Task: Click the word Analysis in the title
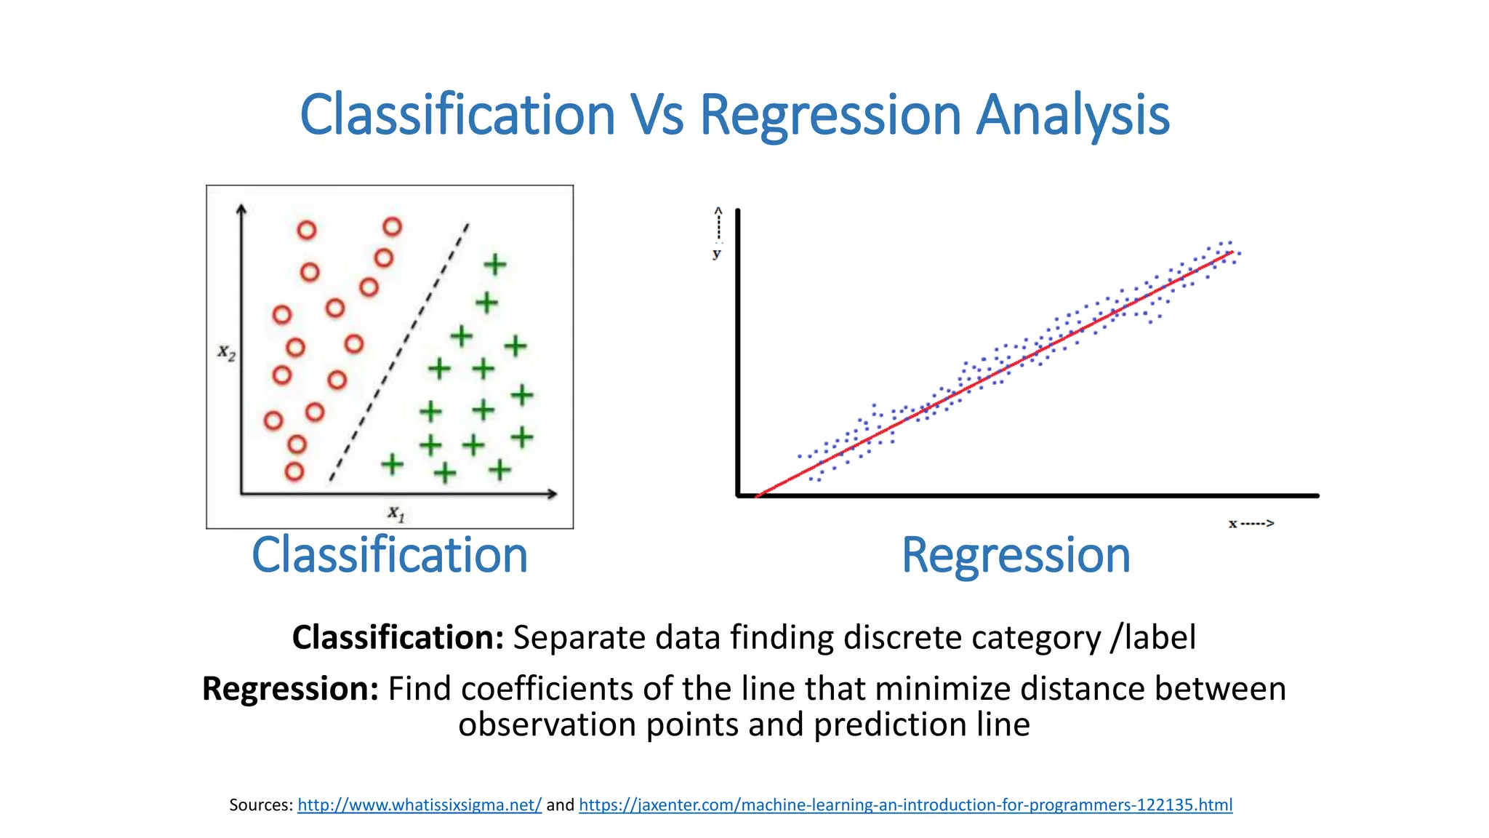[1072, 115]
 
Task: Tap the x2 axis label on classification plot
[226, 353]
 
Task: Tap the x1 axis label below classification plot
[396, 514]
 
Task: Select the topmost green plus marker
[495, 264]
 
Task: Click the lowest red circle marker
[294, 471]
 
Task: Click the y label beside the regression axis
[717, 253]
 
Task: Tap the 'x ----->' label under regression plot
[1251, 523]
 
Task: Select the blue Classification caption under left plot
[390, 555]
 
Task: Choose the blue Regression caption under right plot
[1016, 555]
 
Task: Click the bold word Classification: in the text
[398, 637]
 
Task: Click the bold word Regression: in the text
[290, 688]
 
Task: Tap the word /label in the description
[1153, 637]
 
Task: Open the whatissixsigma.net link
[420, 805]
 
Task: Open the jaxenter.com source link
[905, 805]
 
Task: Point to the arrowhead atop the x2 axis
[241, 209]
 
